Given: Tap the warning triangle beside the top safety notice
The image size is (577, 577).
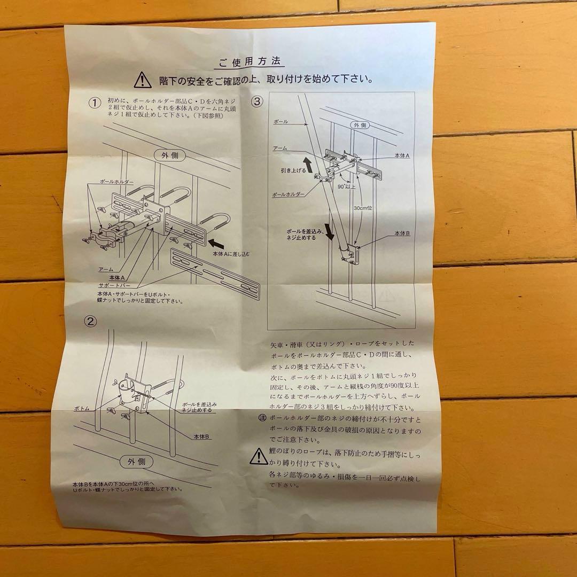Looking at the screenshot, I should tap(143, 80).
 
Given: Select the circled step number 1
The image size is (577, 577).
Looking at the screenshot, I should tap(95, 103).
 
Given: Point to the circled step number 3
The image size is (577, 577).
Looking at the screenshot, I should tap(258, 100).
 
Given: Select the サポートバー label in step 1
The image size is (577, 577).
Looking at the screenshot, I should tap(113, 286).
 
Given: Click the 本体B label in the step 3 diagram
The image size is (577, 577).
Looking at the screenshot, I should tap(402, 234).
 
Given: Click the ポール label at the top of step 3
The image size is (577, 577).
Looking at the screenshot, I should tap(280, 122).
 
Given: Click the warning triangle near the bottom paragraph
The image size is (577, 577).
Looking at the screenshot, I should tap(259, 456).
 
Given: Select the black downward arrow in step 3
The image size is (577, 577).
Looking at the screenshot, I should tap(330, 229).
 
